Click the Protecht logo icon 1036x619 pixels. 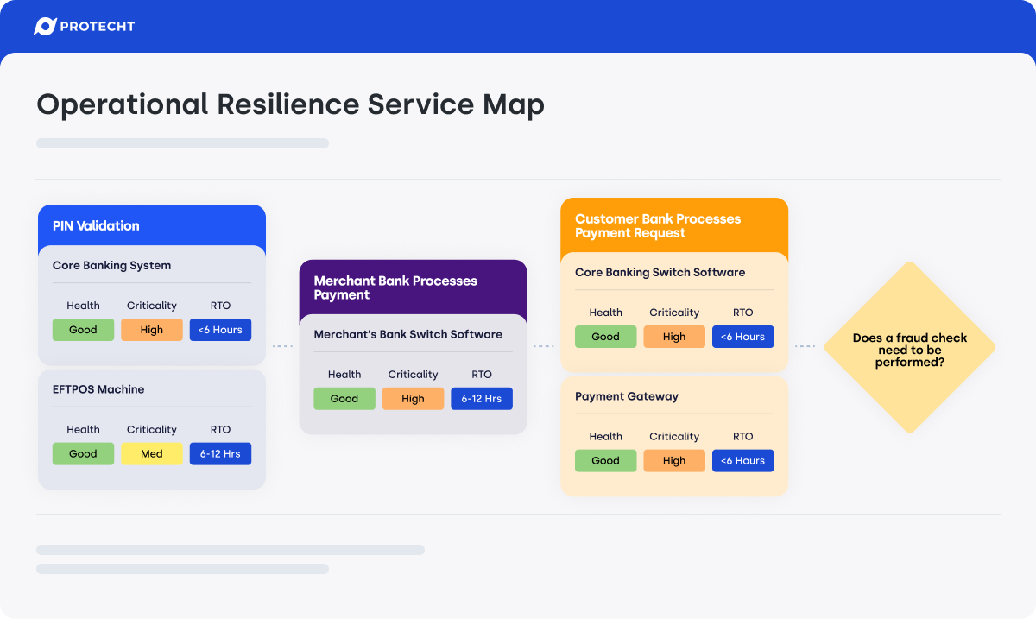(45, 27)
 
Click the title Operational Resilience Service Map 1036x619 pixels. (290, 104)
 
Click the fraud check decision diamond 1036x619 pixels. (910, 347)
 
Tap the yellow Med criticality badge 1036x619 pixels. (152, 454)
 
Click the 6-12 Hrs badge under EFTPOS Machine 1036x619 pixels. (220, 454)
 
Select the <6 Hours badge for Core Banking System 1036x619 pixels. (220, 330)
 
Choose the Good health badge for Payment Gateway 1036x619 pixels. (605, 461)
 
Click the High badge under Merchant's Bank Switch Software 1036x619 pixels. (413, 399)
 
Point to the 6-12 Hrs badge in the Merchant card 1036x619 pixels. (482, 399)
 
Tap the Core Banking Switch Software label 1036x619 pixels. (660, 273)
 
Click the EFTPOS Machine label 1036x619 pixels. (98, 389)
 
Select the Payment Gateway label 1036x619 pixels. (627, 397)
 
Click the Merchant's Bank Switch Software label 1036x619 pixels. (407, 334)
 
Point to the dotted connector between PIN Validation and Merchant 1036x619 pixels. (282, 346)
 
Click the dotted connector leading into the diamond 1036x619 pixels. (805, 346)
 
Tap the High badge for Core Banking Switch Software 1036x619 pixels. (674, 337)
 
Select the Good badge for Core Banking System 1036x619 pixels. (83, 330)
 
